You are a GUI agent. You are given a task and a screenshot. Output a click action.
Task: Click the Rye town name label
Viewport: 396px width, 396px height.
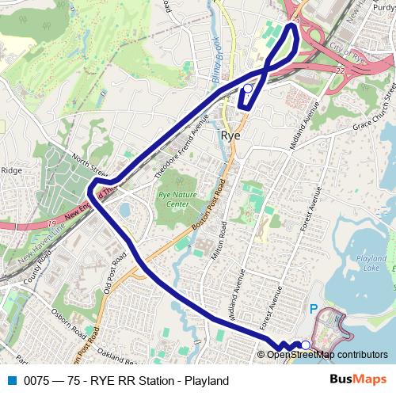tap(230, 135)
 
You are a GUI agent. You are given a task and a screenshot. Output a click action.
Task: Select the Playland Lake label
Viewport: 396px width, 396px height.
tap(371, 264)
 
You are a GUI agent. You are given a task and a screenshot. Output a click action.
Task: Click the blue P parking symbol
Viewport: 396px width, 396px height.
tap(313, 310)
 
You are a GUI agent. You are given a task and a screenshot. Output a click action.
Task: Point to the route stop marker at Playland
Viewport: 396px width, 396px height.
tap(306, 345)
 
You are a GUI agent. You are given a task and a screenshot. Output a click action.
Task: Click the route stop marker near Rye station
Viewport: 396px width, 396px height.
tap(247, 89)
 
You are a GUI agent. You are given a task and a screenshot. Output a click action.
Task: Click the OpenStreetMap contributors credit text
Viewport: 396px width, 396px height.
tap(326, 355)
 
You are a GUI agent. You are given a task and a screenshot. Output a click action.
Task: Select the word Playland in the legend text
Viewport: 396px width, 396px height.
tap(205, 381)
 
